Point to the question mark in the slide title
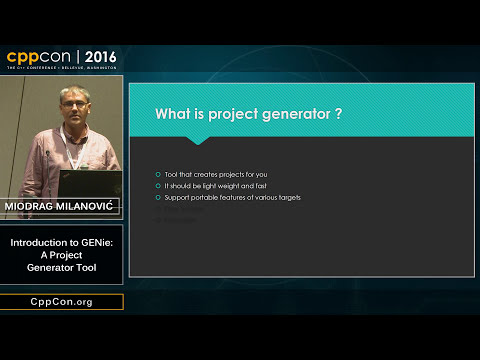tap(340, 114)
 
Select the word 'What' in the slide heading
tap(174, 114)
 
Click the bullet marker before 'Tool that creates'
tap(159, 174)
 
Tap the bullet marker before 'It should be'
tap(159, 186)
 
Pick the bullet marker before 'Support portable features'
tap(159, 198)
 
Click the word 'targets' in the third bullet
tap(287, 198)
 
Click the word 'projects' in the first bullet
tap(231, 174)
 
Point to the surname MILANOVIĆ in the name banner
tap(83, 206)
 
